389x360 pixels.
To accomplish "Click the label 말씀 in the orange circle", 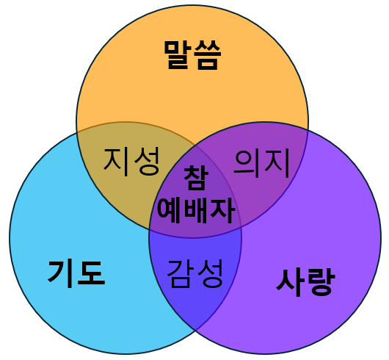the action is tap(192, 54).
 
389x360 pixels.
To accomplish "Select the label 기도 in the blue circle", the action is tap(76, 274).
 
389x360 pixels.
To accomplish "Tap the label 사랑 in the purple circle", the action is tap(305, 282).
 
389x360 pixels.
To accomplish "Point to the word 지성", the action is tap(131, 162).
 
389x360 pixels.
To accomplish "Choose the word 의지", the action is tap(261, 163).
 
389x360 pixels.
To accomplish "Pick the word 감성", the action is tap(194, 274).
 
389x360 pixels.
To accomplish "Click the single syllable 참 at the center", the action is tap(195, 178).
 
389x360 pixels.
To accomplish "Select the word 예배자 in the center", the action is tap(196, 211).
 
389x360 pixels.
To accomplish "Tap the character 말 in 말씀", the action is tap(178, 54).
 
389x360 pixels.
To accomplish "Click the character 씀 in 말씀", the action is tap(208, 55).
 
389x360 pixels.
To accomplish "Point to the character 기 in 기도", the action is tap(61, 274).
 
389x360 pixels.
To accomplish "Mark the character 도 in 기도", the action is tap(91, 274).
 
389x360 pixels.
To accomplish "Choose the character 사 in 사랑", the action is tap(290, 282).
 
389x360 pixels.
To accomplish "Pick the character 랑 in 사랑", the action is tap(321, 282).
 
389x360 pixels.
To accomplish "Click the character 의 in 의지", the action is tap(247, 163).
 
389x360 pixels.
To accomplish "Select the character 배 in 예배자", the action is tap(196, 211).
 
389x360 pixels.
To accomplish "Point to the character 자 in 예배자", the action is tap(222, 211).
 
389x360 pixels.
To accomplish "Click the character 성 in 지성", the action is tap(146, 162).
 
